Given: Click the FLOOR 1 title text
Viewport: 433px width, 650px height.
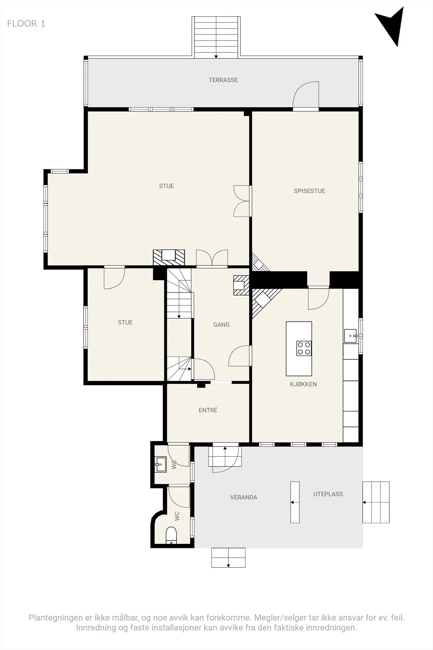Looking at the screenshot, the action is pos(26,24).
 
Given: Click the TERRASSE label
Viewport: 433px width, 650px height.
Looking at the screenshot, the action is pos(223,80).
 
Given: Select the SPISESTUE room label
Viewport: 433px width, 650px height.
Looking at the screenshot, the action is pos(309,191).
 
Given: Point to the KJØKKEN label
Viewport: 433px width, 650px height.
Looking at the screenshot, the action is pos(304,384).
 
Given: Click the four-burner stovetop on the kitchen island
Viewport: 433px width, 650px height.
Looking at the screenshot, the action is pos(304,348).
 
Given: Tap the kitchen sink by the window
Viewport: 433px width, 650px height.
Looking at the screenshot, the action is pos(351,336).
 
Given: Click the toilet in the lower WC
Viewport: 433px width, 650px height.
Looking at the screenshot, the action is pos(171,536).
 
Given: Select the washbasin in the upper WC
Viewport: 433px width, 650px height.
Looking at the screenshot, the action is pos(160,465).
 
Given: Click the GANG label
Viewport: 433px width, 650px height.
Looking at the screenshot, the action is pos(222,325).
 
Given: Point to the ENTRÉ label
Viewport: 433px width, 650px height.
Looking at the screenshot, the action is pos(208,410).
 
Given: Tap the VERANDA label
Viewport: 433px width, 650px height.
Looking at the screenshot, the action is pos(243,497).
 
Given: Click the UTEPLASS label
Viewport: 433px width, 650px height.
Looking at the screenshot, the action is pos(328,494).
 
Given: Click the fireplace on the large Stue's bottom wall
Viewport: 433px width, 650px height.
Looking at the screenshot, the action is pos(169,258).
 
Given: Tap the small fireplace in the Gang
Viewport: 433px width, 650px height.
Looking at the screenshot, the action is pos(241,285).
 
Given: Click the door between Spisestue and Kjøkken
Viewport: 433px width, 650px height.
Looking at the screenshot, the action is pos(319,298).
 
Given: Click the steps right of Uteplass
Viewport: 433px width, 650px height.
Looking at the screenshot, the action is pos(376,502).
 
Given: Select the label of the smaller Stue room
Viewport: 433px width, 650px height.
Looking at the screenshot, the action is pos(125,323).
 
